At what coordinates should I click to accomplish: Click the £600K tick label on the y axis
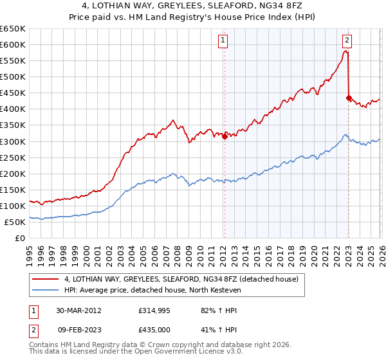13,44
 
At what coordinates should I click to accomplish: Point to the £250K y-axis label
13,157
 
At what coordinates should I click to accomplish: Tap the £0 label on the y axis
20,238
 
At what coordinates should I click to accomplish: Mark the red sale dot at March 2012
225,136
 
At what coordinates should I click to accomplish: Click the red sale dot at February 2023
349,98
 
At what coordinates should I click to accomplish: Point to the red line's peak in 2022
346,51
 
